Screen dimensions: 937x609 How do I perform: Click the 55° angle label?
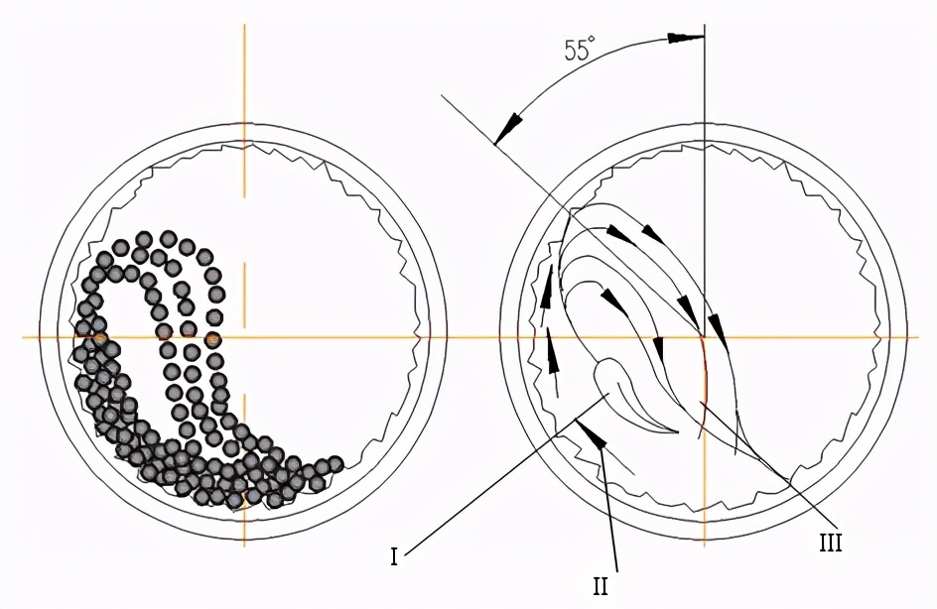tap(580, 49)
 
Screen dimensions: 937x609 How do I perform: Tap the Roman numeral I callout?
tap(394, 557)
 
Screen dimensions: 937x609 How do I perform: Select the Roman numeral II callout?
tap(600, 587)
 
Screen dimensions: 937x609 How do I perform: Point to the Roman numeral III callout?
tap(830, 543)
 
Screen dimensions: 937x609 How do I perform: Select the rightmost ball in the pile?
tap(335, 464)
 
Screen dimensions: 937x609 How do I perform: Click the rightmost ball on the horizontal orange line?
tap(213, 339)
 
